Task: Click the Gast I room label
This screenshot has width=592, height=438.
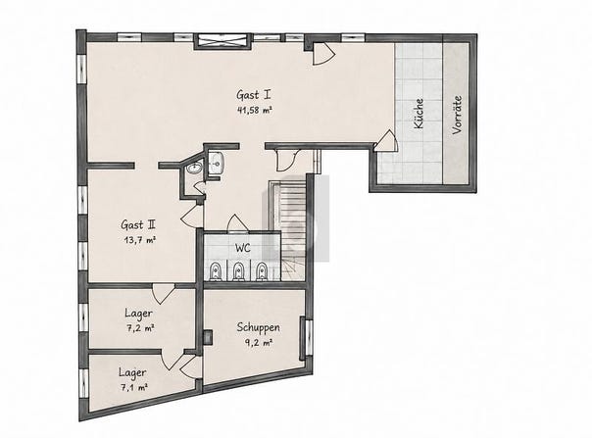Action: [x=253, y=94]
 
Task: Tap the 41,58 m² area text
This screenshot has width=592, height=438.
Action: [x=255, y=111]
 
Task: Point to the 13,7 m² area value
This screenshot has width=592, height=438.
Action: [x=140, y=240]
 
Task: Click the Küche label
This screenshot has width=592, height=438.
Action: [x=419, y=114]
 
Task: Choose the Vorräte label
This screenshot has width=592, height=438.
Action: [x=457, y=115]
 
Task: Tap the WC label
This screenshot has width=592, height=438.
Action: [x=243, y=248]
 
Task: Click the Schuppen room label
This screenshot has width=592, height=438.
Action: [x=258, y=327]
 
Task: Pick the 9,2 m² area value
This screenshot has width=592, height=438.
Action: [x=259, y=344]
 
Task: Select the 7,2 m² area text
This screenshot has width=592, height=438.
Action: [x=139, y=328]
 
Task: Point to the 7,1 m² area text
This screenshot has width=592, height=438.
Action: [x=133, y=388]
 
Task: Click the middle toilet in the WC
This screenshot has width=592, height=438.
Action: [x=237, y=271]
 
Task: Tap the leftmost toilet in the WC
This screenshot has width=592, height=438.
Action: [x=216, y=271]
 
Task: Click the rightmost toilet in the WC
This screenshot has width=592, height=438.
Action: [x=261, y=271]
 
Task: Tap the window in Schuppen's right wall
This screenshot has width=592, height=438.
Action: [x=305, y=338]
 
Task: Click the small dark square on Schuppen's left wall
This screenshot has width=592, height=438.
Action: [x=208, y=338]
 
